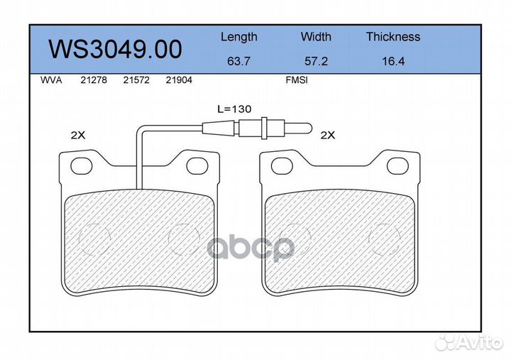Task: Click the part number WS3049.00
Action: (115, 49)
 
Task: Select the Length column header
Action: (239, 37)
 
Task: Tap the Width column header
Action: (316, 36)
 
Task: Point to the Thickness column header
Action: (393, 36)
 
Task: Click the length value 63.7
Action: (238, 61)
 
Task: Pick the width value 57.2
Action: (316, 61)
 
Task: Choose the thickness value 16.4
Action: (393, 61)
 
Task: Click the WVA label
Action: (51, 80)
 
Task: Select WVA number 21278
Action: (94, 80)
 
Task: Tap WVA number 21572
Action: (136, 80)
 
